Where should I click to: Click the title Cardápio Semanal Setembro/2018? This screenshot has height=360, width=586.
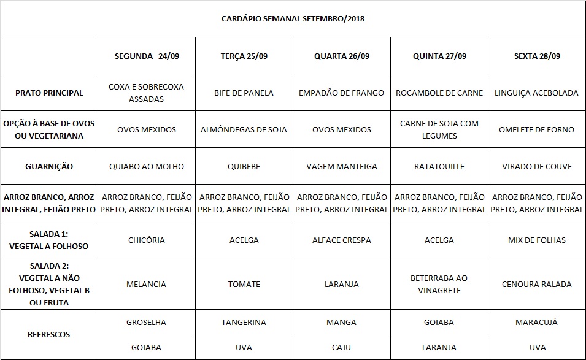(x=293, y=18)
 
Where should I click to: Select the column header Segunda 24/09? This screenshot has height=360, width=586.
(x=146, y=56)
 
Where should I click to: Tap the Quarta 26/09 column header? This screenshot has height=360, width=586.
(x=341, y=56)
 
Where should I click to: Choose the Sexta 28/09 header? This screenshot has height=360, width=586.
(x=536, y=56)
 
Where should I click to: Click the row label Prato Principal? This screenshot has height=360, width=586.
(x=49, y=93)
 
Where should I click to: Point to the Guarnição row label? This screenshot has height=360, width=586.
(x=49, y=166)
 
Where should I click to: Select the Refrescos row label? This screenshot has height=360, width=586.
(x=49, y=334)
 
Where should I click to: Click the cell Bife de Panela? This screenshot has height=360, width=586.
(x=244, y=93)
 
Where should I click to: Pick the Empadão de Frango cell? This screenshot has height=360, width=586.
(x=341, y=93)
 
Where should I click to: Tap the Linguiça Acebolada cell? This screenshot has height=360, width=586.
(x=536, y=93)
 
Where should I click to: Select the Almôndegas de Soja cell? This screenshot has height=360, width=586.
(x=244, y=129)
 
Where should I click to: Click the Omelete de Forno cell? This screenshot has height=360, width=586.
(x=536, y=129)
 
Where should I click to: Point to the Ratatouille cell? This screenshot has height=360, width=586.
(x=439, y=166)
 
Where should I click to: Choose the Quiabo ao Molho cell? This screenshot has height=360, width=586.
(x=146, y=166)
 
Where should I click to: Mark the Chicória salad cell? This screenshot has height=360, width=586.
(x=146, y=240)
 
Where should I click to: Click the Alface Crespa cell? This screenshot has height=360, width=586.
(x=341, y=240)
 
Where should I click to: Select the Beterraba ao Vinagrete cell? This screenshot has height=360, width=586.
(x=439, y=284)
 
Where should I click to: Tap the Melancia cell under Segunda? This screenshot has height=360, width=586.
(x=146, y=284)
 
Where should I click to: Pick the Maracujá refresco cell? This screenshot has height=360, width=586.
(x=536, y=322)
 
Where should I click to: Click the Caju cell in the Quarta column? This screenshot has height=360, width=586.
(x=341, y=347)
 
